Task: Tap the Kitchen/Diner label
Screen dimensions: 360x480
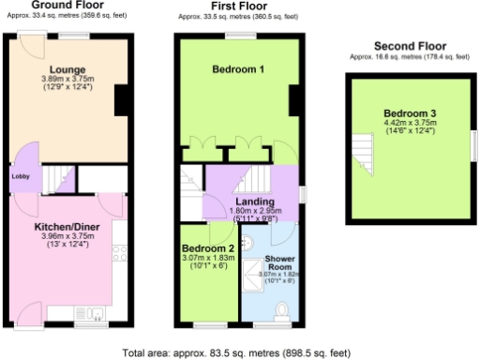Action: [62, 227]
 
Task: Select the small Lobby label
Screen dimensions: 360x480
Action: [21, 175]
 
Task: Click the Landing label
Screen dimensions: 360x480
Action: [254, 202]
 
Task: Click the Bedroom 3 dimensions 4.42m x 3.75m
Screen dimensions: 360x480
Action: [410, 123]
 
